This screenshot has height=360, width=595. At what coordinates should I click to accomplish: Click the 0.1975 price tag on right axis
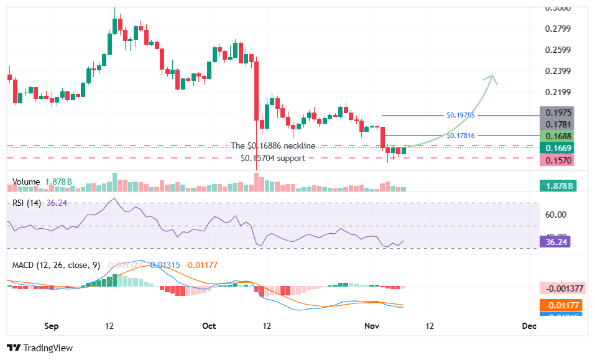tap(556, 113)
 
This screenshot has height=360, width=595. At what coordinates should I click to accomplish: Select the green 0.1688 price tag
tap(556, 136)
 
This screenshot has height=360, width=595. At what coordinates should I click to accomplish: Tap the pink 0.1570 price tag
tap(556, 160)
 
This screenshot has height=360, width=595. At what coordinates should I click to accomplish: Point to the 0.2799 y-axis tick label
tap(556, 29)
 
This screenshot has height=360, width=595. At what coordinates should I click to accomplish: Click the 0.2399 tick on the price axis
tap(556, 71)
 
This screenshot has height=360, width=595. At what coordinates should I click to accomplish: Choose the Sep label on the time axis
tap(52, 326)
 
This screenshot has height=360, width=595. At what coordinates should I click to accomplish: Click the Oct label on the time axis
tap(209, 326)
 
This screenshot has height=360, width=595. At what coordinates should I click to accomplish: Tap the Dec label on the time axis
tap(528, 326)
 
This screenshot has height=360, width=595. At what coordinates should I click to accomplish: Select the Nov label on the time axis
tap(372, 326)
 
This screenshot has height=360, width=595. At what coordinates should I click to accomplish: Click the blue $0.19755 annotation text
tap(460, 115)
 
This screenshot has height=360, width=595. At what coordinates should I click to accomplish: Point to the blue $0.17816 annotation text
tap(460, 135)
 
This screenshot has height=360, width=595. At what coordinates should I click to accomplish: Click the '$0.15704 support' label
tap(273, 158)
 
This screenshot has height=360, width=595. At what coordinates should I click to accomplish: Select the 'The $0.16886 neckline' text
tap(273, 145)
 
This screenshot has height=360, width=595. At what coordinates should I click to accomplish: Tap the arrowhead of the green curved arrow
tap(492, 77)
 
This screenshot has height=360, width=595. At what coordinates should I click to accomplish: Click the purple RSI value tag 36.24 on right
tap(556, 241)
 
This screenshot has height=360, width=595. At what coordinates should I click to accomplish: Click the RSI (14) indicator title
tap(26, 203)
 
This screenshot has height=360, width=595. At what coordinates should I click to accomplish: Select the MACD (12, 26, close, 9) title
tap(56, 265)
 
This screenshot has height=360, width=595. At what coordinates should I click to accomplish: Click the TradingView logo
tap(40, 348)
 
